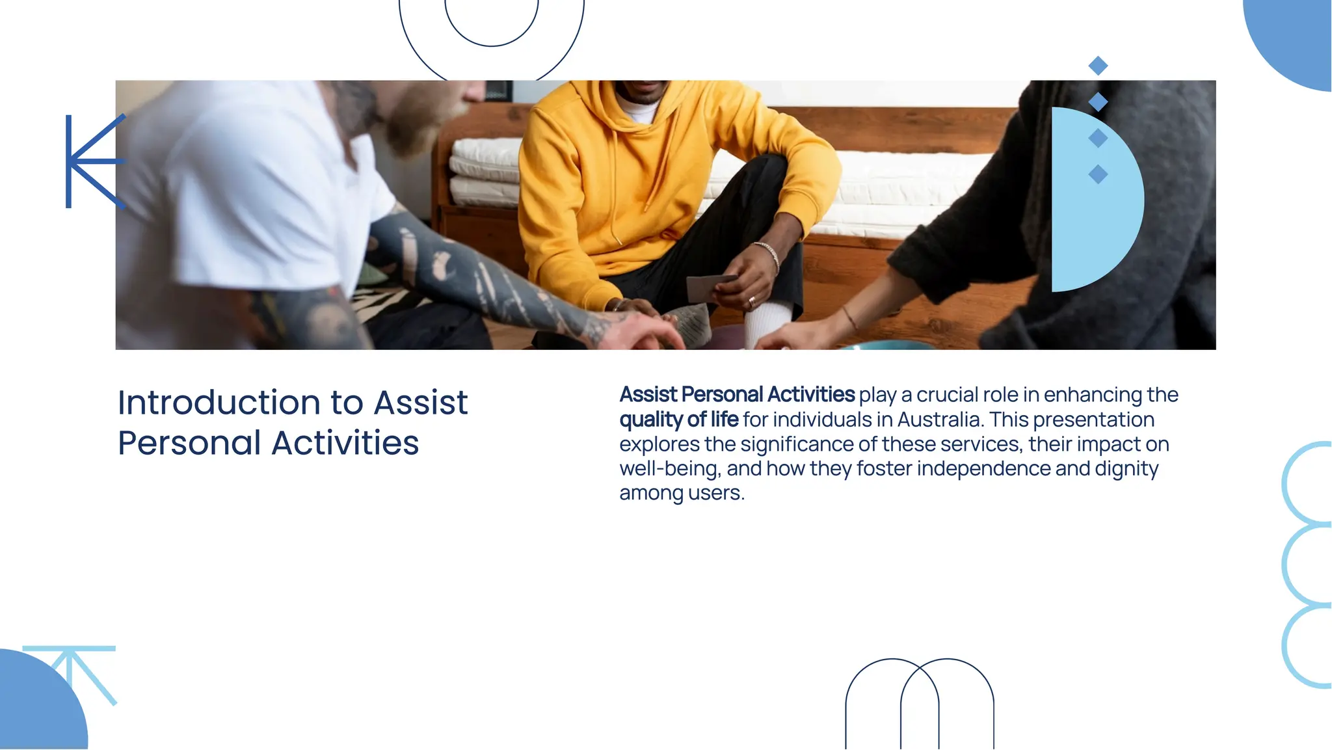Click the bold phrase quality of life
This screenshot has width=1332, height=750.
pyautogui.click(x=678, y=420)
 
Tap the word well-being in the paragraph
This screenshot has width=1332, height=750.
pyautogui.click(x=670, y=468)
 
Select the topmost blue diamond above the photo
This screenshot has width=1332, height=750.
pyautogui.click(x=1098, y=66)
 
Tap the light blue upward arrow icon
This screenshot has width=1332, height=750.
pyautogui.click(x=70, y=670)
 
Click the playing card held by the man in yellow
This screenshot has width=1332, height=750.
pyautogui.click(x=709, y=286)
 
